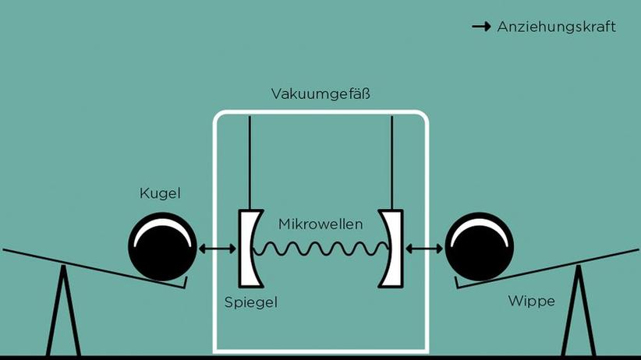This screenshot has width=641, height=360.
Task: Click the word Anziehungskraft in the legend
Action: click(x=556, y=27)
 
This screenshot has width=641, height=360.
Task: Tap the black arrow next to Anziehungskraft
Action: click(x=481, y=27)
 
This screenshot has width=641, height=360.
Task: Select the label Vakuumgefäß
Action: click(x=320, y=94)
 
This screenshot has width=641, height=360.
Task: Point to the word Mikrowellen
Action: click(x=320, y=224)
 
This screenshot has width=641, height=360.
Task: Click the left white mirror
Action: click(x=246, y=248)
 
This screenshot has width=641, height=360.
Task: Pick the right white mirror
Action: click(x=392, y=248)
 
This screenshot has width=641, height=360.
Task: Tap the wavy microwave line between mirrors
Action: click(x=320, y=248)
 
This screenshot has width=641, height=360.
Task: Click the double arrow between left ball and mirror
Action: click(x=218, y=249)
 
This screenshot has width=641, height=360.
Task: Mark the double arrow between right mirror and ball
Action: click(x=424, y=249)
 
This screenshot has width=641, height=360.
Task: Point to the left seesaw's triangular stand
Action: click(x=62, y=319)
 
